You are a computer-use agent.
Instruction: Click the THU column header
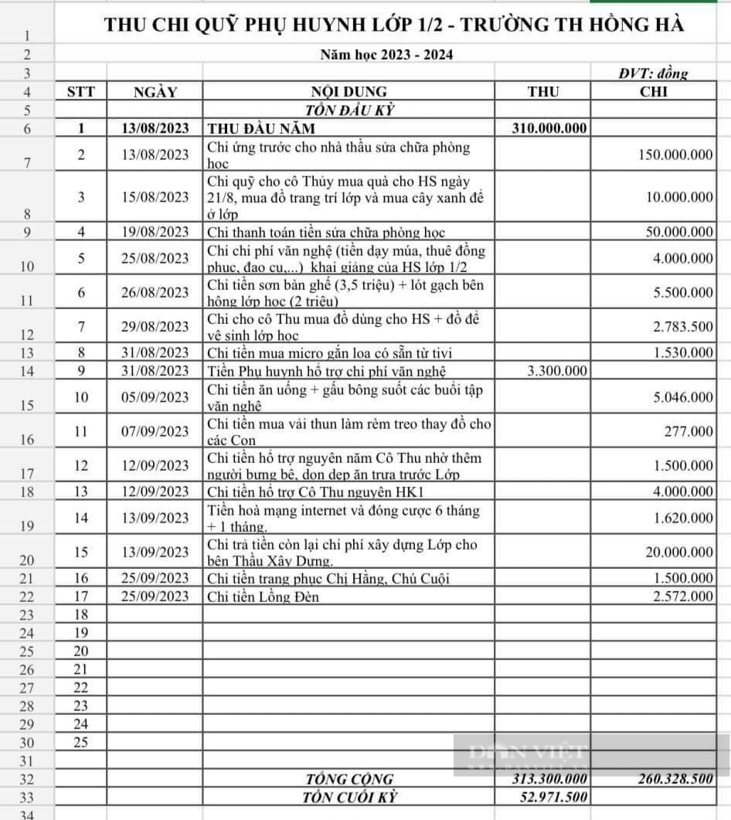(543, 92)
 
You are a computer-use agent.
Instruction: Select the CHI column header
(654, 92)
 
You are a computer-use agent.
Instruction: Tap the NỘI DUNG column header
(348, 92)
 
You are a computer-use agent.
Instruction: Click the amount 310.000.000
(549, 129)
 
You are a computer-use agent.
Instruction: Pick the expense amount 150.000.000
(675, 155)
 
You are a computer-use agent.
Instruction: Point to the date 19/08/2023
(155, 232)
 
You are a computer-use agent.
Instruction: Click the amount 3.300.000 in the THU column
(556, 372)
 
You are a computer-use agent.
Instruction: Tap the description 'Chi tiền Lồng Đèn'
(263, 597)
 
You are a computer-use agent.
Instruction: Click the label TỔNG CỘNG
(349, 779)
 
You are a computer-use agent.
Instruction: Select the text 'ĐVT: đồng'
(653, 74)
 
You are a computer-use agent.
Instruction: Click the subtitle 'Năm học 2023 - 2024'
(386, 54)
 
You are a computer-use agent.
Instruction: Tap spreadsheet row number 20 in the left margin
(28, 561)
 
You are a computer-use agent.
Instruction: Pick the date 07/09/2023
(155, 431)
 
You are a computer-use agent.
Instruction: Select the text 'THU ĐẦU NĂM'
(261, 129)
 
